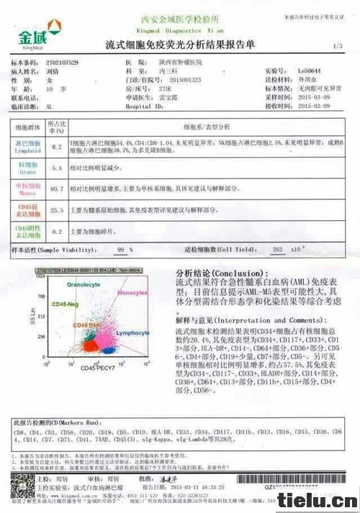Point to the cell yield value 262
(274, 249)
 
